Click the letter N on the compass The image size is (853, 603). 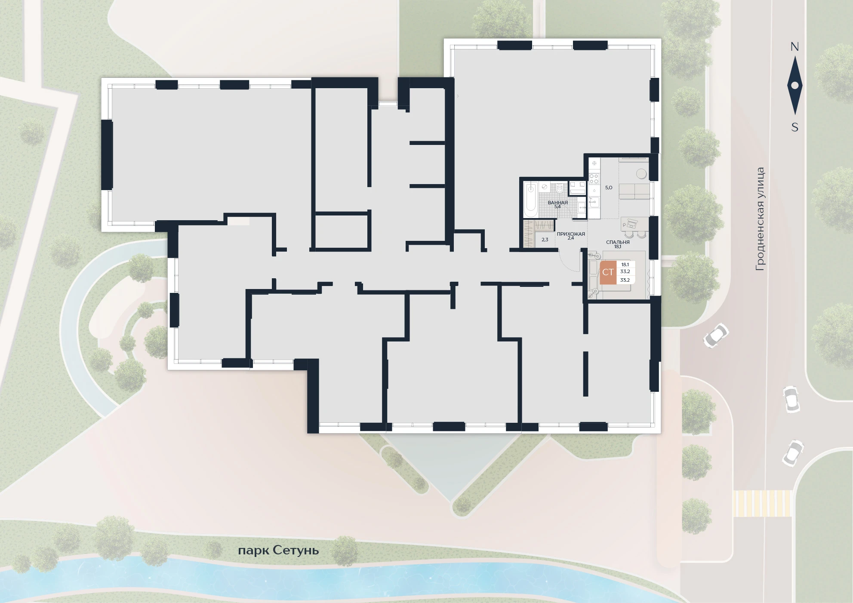pyautogui.click(x=794, y=47)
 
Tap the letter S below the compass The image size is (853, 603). pyautogui.click(x=794, y=127)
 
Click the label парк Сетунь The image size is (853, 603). pyautogui.click(x=278, y=551)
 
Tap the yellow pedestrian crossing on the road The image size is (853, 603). pyautogui.click(x=762, y=503)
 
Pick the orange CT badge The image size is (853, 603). pyautogui.click(x=608, y=272)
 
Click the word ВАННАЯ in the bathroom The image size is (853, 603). pyautogui.click(x=557, y=203)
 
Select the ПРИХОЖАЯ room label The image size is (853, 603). pyautogui.click(x=571, y=234)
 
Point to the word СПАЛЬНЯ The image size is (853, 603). pyautogui.click(x=618, y=242)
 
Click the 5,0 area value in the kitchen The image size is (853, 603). pyautogui.click(x=609, y=188)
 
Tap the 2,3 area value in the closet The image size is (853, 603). pyautogui.click(x=545, y=240)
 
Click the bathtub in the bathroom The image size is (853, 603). pyautogui.click(x=531, y=200)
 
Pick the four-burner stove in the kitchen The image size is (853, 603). pyautogui.click(x=594, y=178)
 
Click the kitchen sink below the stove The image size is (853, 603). pyautogui.click(x=594, y=202)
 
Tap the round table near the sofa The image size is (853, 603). pyautogui.click(x=642, y=173)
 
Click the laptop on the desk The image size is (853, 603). pyautogui.click(x=631, y=223)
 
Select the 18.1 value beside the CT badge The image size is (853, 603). pyautogui.click(x=625, y=265)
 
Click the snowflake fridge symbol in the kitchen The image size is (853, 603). pyautogui.click(x=594, y=163)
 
